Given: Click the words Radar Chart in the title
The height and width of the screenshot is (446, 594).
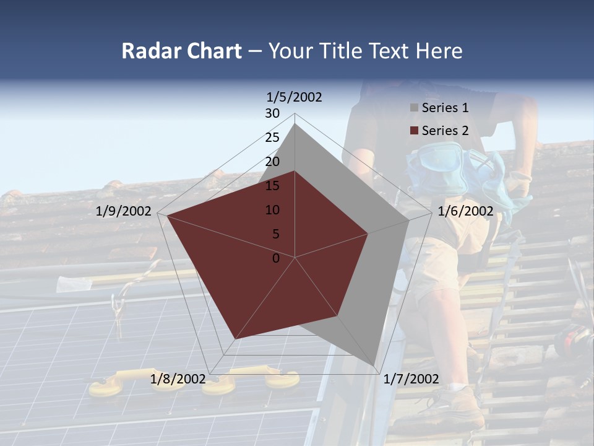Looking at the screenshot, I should point(181,51).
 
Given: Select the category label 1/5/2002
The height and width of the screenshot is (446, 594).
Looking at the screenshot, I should point(295,97).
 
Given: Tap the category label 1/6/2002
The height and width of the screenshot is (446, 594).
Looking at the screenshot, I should point(465,211).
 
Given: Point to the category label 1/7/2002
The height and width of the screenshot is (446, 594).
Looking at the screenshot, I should point(411,379).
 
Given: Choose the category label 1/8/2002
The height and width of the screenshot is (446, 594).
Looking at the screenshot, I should point(178,379).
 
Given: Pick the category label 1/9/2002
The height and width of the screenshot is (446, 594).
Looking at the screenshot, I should point(124,211).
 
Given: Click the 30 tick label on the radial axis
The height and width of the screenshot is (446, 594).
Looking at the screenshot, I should point(272,113).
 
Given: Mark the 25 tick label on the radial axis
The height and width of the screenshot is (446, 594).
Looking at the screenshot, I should point(272,138).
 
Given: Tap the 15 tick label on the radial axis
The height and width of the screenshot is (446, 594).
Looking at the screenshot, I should point(272,186).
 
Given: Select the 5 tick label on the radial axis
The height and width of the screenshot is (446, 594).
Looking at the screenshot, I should point(275,234).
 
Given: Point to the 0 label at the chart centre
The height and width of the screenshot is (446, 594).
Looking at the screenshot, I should point(276,258).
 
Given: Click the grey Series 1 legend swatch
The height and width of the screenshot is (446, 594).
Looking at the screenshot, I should point(414,108).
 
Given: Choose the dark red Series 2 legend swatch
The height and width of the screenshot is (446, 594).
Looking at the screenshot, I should point(414,131).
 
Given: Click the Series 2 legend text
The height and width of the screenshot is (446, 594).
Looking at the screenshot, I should point(445,131).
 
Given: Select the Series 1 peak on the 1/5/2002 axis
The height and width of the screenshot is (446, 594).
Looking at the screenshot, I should point(295,123).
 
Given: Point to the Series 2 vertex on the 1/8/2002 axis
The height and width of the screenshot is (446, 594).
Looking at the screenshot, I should point(235,339).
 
